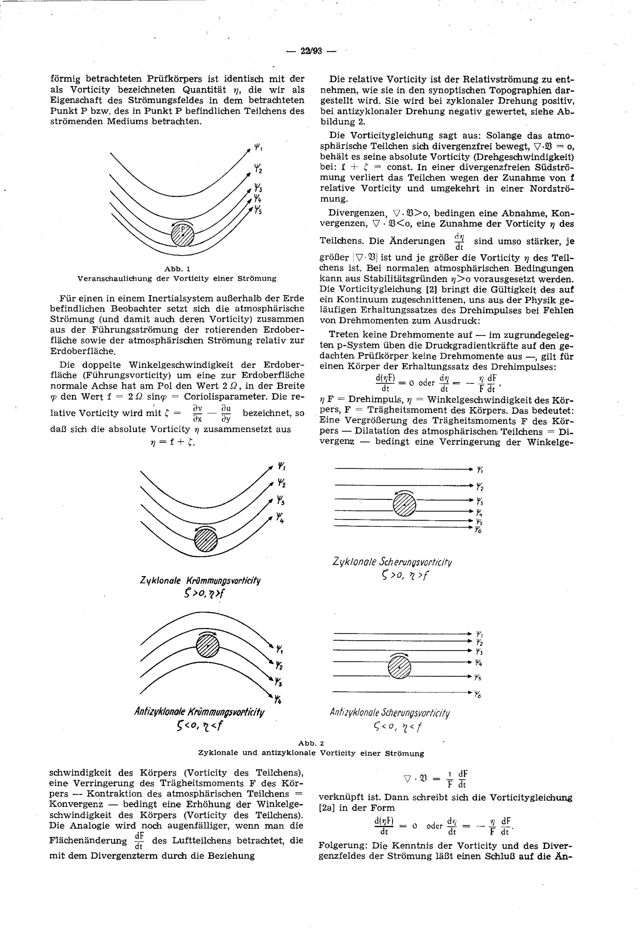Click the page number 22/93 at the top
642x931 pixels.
point(311,51)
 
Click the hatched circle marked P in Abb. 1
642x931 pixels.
point(183,235)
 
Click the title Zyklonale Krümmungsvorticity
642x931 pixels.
point(200,580)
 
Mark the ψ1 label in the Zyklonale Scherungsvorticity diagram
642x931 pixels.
point(480,469)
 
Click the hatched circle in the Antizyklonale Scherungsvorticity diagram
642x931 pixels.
point(399,667)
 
